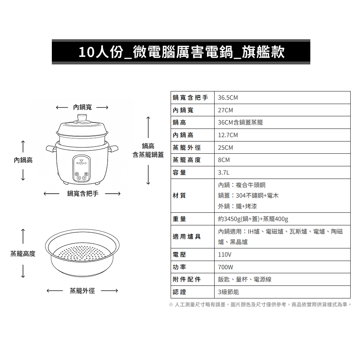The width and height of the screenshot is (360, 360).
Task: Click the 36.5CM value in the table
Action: (228, 98)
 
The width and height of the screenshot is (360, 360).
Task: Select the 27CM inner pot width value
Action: (225, 110)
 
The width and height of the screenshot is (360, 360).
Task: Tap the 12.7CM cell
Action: (228, 135)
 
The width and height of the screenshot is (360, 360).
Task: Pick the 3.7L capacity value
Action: (224, 172)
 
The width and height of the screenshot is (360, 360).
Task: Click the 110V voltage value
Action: (225, 255)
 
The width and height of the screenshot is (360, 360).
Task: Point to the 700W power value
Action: (225, 267)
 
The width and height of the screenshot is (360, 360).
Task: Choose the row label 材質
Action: (179, 195)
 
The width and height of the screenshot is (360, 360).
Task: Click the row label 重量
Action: (179, 219)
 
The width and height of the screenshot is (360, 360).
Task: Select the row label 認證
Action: (179, 292)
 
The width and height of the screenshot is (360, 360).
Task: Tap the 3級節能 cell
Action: (229, 292)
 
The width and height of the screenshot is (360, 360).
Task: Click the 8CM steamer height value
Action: (224, 160)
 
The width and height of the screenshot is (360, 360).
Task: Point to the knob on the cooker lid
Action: (82, 118)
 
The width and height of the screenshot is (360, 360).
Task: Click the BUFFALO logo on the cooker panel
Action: (81, 162)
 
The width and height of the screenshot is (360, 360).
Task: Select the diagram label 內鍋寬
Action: (82, 107)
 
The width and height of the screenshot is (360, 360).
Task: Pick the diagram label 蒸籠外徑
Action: (82, 291)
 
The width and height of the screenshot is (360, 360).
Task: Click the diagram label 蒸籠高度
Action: (23, 254)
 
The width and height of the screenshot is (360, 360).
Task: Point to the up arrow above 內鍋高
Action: (23, 147)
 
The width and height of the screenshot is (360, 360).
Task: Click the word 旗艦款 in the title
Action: (264, 52)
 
